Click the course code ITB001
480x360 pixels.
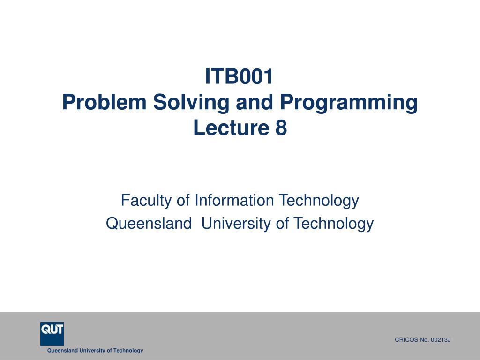[240, 77]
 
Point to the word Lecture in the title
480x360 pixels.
[228, 128]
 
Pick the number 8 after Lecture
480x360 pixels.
[281, 128]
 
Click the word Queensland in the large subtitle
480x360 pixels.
[146, 224]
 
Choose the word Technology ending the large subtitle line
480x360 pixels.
[333, 224]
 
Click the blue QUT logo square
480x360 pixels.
[52, 333]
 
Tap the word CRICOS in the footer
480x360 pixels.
[405, 340]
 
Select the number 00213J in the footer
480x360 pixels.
[440, 340]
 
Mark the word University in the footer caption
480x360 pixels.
[92, 351]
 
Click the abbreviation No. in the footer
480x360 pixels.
[423, 340]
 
